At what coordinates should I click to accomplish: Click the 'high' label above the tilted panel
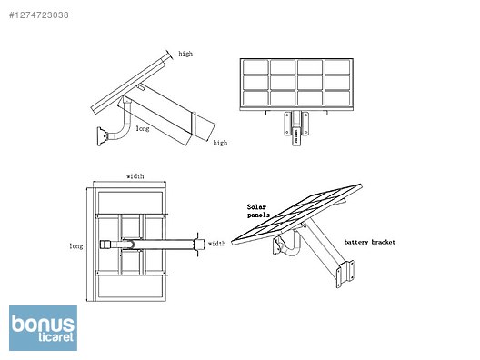point(185,54)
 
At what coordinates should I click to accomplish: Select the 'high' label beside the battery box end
point(220,143)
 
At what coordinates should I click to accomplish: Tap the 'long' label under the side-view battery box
point(143,129)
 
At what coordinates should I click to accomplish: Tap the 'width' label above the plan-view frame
point(135,176)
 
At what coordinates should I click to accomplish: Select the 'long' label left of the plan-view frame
point(75,245)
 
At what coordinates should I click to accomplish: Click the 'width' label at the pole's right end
point(216,244)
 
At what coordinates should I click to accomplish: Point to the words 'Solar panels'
point(259,211)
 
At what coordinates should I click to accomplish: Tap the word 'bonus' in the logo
point(43,323)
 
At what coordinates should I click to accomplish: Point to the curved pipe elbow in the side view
point(114,134)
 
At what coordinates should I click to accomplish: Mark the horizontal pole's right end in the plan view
point(199,244)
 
